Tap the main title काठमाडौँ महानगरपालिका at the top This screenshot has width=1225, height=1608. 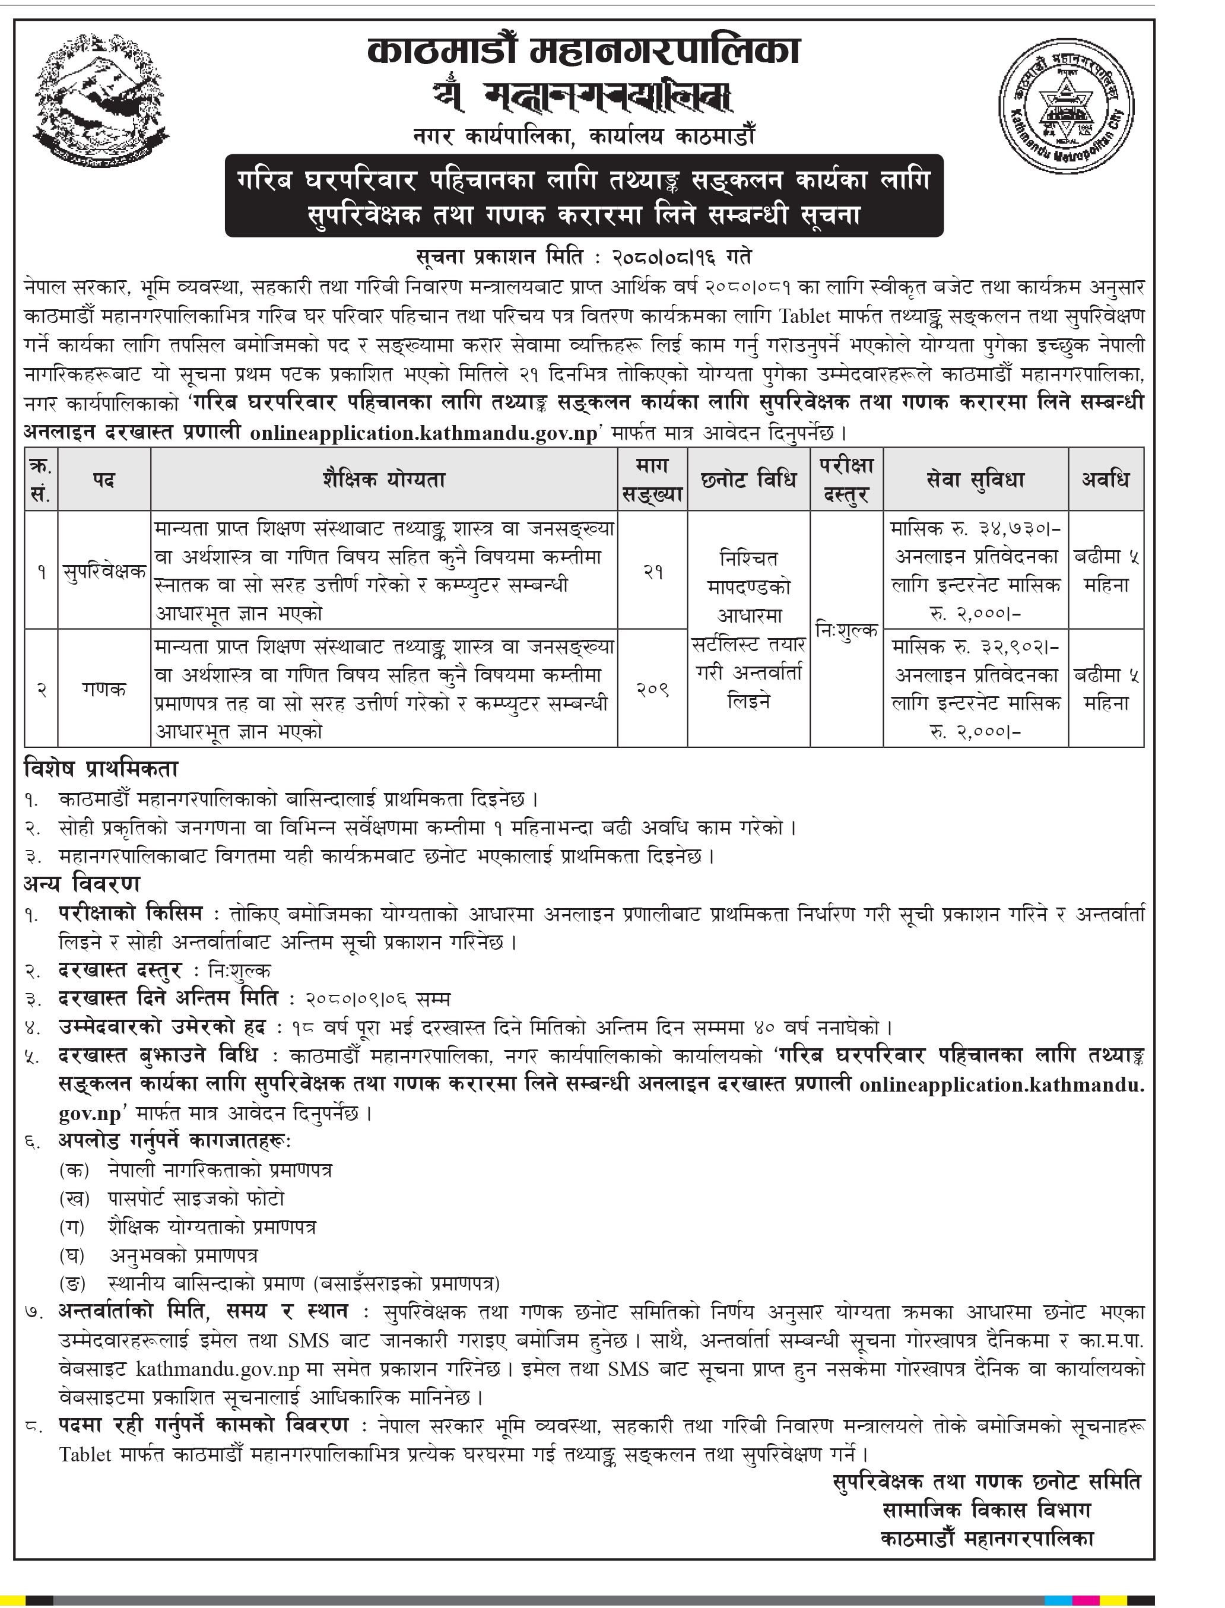pos(584,51)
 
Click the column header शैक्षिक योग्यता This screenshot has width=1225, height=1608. pos(383,479)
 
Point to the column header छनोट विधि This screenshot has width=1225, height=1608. pos(748,479)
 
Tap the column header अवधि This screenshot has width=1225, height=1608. pos(1106,479)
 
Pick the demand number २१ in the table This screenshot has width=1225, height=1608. pos(653,572)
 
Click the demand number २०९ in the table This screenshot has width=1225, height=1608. pos(653,689)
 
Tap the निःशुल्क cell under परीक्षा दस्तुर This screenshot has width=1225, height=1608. pos(846,630)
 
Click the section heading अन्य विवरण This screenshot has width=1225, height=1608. pos(82,884)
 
